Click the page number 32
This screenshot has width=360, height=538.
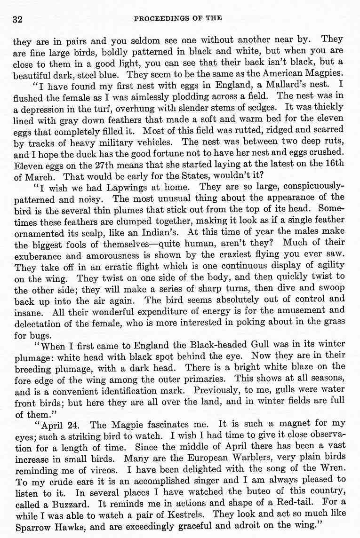point(18,19)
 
